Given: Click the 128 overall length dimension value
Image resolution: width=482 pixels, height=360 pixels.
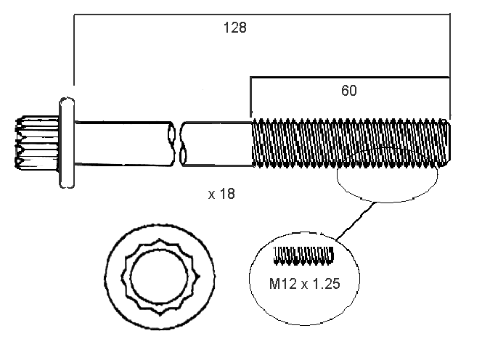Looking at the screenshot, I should coord(234,28).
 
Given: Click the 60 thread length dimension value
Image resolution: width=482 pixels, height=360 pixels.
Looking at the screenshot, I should coord(349,91).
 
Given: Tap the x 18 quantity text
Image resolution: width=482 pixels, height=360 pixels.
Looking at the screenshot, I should coord(221,195).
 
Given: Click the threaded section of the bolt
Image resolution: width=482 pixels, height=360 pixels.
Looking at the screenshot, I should coord(348,144).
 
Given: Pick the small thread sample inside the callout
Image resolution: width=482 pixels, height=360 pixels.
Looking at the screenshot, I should coord(303,255).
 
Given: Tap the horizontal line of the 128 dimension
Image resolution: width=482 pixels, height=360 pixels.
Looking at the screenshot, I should coord(261,14).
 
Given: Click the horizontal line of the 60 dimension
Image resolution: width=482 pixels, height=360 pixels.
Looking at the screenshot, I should coord(349,77).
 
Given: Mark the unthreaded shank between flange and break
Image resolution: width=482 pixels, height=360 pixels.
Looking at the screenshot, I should coord(123,142).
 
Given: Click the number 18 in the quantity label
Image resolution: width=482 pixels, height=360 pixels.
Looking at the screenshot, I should coord(228,195).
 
